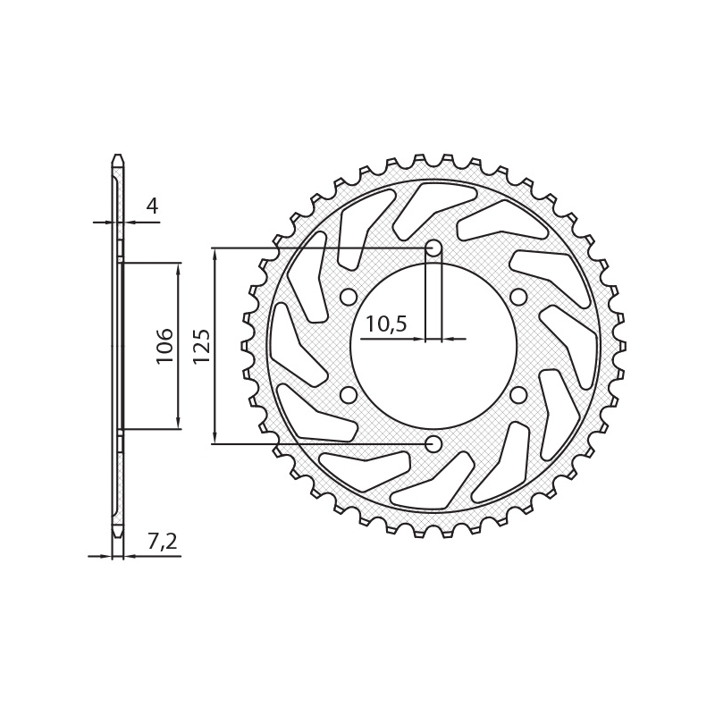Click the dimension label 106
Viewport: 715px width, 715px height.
click(x=164, y=345)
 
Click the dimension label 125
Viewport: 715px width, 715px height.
click(x=201, y=345)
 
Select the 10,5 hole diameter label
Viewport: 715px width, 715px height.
click(x=386, y=324)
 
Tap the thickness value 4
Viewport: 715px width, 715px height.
click(x=152, y=206)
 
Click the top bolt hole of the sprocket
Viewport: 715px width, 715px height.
click(x=433, y=248)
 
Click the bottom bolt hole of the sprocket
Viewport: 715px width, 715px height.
click(x=433, y=443)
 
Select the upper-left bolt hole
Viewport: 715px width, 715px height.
click(x=349, y=297)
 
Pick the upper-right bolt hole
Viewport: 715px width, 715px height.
click(x=518, y=297)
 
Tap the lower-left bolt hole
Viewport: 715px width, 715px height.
click(x=349, y=395)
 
